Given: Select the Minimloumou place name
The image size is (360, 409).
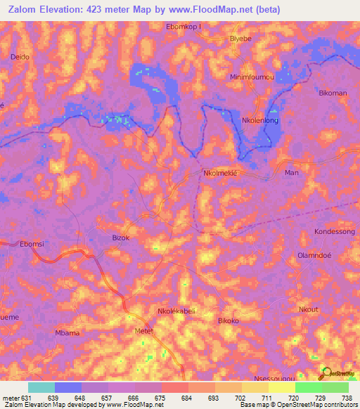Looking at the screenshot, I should coord(251,76).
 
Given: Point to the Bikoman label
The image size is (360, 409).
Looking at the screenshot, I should coord(333,93).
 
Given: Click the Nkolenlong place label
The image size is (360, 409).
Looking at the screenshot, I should coord(260,121).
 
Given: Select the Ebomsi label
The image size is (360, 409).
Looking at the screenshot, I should coord(32,244).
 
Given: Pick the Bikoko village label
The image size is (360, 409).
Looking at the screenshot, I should coord(229,321).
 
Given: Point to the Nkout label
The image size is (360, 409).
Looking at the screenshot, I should coord(309,310).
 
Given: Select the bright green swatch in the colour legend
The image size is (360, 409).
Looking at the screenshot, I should coord(308,387).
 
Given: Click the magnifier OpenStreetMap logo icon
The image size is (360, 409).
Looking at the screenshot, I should coord(326,372).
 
